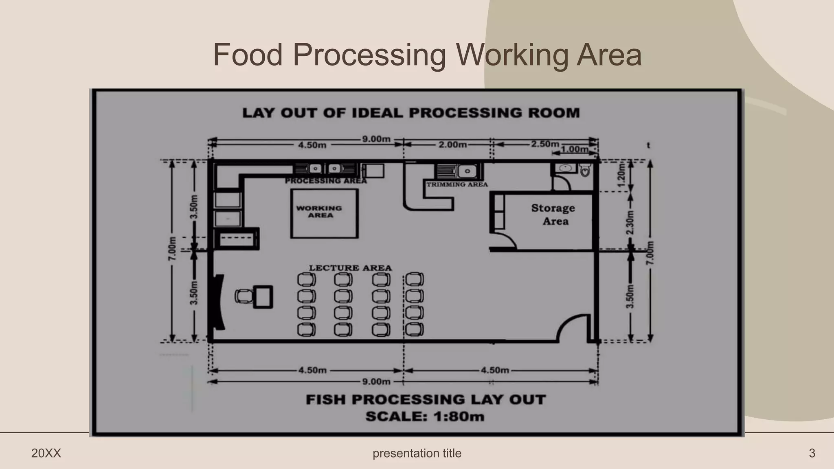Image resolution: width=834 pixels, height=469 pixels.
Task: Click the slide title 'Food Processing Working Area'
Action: coord(427,55)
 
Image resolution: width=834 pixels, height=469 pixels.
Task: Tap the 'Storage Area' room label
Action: coord(554,215)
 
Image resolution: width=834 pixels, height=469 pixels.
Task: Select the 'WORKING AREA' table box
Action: coord(324,213)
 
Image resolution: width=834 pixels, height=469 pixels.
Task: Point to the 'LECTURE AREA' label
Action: coord(350,268)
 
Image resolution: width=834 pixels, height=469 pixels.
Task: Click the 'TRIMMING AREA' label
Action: coord(457,184)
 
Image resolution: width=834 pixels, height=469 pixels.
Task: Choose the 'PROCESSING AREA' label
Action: coord(326,181)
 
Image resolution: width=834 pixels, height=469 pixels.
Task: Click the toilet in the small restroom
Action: coord(585,170)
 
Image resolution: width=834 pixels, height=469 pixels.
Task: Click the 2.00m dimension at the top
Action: coord(452,145)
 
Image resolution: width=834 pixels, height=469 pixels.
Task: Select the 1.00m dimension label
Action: coord(574,149)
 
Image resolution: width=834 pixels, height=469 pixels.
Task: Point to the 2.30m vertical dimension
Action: coord(630,222)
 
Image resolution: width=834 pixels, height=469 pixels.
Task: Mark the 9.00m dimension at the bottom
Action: coord(376,381)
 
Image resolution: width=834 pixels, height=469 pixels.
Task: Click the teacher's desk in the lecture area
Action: coord(263,297)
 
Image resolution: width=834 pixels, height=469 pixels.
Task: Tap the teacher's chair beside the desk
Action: coord(244,296)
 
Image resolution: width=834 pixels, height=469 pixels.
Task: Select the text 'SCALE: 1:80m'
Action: coord(425,416)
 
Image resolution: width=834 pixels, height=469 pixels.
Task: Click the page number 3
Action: coord(812,453)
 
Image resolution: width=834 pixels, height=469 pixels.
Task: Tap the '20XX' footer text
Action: coord(46,453)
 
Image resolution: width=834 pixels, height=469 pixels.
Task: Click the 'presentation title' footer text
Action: coord(417,453)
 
